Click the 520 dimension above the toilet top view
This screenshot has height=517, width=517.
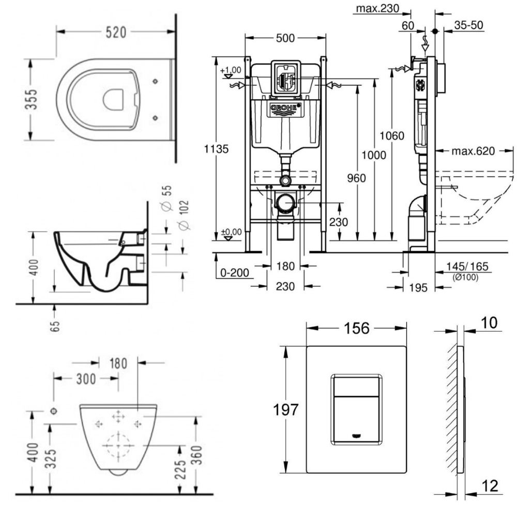116,32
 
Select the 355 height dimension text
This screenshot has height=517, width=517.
32,99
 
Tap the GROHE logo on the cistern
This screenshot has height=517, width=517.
284,109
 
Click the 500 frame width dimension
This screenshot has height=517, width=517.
285,38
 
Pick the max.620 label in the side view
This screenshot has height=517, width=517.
473,151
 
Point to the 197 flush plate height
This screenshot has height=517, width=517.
285,410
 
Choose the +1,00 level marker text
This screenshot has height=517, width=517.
231,70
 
